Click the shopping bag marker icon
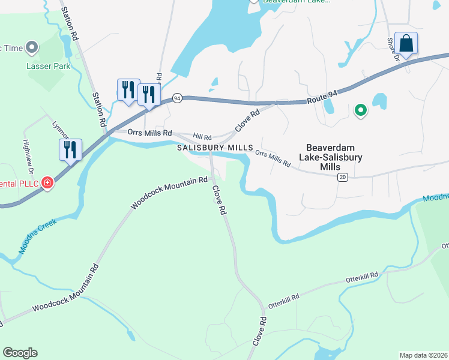tap(406, 44)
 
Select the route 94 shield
tap(176, 97)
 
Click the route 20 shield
tap(342, 176)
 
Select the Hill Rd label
tap(202, 137)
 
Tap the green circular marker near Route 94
tap(360, 110)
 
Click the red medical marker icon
tap(47, 183)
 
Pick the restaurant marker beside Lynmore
tap(70, 149)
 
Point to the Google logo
tap(20, 352)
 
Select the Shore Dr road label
tap(393, 50)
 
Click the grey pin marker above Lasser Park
tap(32, 46)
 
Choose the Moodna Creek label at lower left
tap(37, 235)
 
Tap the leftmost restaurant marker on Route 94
tap(128, 89)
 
